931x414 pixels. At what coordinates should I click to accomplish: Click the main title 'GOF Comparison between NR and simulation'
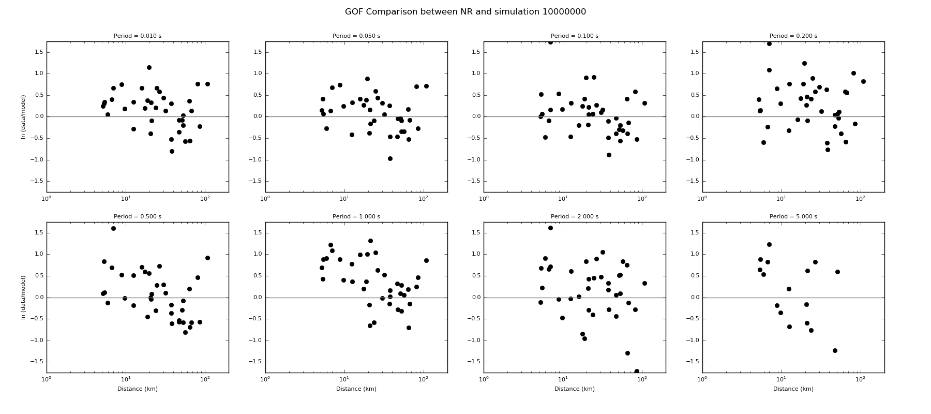tap(465, 12)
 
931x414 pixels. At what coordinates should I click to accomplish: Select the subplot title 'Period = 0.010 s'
tap(138, 36)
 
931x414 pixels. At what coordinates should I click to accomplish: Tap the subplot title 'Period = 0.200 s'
tap(793, 36)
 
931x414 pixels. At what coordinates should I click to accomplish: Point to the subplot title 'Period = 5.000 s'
tap(793, 217)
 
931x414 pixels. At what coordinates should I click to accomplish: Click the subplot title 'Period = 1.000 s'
tap(356, 217)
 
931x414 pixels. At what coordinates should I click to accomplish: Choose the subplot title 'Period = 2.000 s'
tap(574, 217)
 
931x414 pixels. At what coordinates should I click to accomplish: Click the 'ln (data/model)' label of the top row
tap(23, 117)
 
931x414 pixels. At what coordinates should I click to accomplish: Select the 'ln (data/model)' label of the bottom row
tap(23, 298)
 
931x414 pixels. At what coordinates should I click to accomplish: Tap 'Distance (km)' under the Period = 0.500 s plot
tap(138, 389)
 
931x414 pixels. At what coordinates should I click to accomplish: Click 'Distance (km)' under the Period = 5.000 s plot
tap(793, 389)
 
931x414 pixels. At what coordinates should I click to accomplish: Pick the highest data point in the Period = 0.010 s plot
tap(149, 67)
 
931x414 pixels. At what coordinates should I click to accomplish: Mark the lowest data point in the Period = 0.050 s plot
tap(390, 158)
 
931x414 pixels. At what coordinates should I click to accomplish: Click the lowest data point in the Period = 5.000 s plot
tap(835, 350)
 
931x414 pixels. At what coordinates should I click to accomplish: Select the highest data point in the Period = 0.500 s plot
tap(113, 228)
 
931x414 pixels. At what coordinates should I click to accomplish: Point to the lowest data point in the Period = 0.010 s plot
tap(172, 151)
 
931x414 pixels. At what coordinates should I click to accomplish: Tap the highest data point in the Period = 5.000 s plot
tap(769, 244)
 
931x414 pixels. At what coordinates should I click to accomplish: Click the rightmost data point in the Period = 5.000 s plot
tap(837, 272)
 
